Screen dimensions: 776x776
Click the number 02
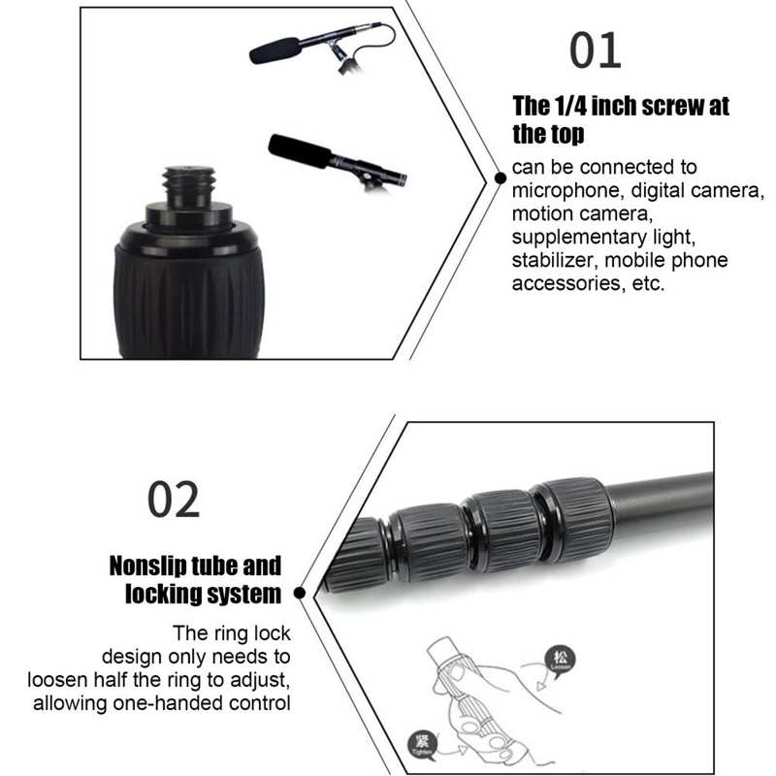174,499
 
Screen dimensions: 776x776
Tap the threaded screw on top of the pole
189,185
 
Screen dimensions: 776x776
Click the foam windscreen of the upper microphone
275,48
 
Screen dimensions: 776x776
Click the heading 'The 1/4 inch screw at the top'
621,119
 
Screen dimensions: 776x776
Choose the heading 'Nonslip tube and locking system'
195,579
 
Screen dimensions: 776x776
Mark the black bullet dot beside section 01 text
498,177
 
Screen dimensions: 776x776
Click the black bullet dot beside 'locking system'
299,592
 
